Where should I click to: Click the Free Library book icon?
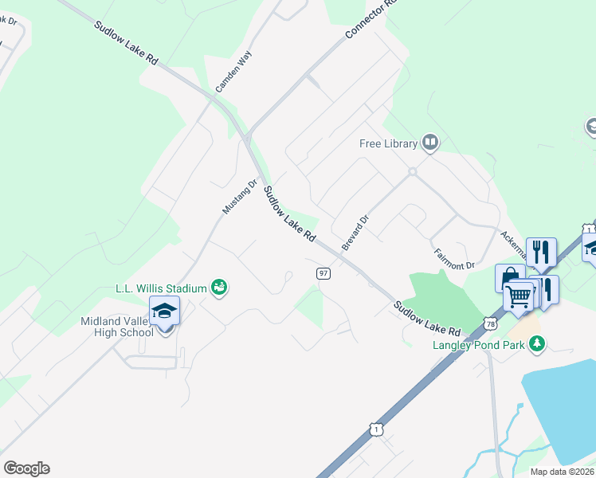click(431, 143)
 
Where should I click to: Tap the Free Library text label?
click(388, 144)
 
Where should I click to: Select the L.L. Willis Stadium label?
click(161, 288)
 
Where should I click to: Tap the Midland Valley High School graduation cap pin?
click(164, 311)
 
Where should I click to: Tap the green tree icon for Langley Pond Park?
click(539, 343)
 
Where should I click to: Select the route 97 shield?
click(323, 273)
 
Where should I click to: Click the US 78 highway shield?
click(491, 324)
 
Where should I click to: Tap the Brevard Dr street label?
click(355, 233)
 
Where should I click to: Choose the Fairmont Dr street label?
click(454, 258)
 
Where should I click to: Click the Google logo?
click(26, 468)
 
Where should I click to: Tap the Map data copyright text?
click(563, 472)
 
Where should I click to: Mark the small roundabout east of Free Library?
click(413, 171)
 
